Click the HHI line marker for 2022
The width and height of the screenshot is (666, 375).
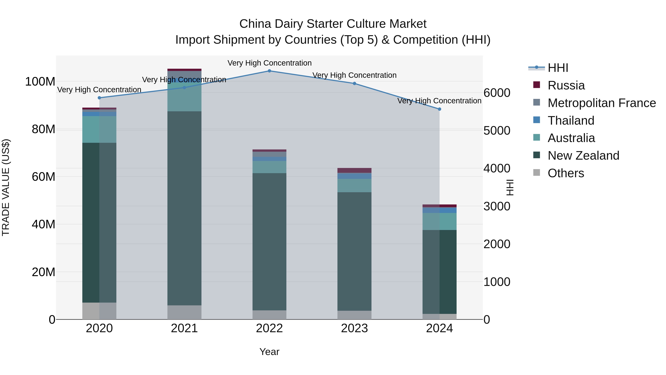[x=269, y=71]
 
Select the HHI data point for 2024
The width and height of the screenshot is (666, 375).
[x=439, y=109]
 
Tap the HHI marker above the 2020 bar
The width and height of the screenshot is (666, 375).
[x=99, y=98]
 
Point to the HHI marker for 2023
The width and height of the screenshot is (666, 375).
[x=354, y=84]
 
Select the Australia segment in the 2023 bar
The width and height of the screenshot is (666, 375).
[x=354, y=186]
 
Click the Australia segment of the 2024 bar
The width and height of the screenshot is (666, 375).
[x=439, y=221]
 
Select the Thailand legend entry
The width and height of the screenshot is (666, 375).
[x=571, y=121]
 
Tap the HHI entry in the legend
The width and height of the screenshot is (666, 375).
[x=558, y=68]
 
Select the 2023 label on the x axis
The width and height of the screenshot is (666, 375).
[x=354, y=328]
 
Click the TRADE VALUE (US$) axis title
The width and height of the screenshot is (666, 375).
[x=6, y=187]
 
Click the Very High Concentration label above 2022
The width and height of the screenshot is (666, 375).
[x=269, y=63]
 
